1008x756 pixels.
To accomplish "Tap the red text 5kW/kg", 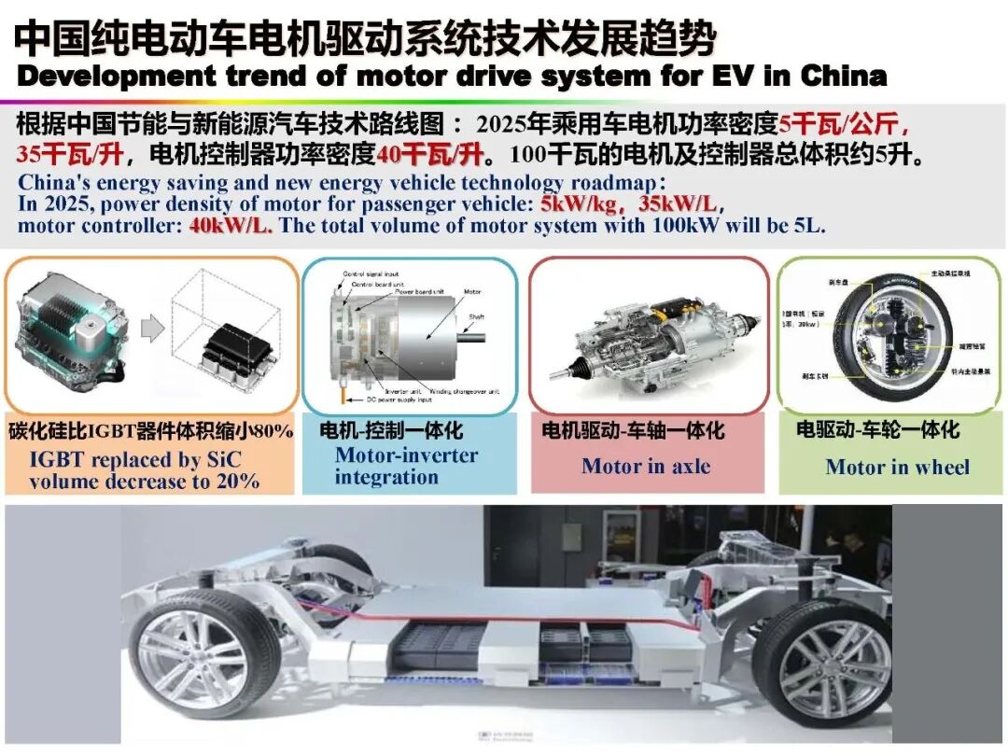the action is [577, 204].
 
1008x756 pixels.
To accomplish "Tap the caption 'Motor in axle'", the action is [646, 466].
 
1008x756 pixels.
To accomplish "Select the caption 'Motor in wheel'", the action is [897, 467].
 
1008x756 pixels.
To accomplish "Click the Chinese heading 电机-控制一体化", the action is [391, 430].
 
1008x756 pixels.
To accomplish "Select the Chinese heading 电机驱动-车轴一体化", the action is [633, 430].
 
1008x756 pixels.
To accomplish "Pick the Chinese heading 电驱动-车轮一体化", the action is [877, 430].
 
